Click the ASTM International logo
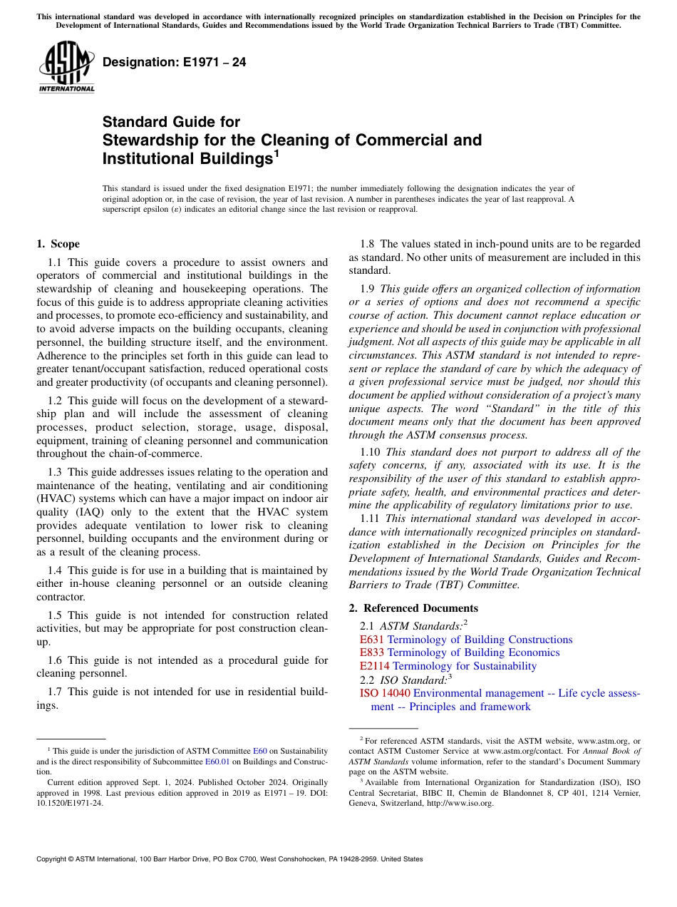[x=66, y=68]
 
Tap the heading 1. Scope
[x=58, y=244]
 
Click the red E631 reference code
[x=372, y=640]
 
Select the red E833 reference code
[x=372, y=652]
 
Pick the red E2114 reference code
[x=375, y=666]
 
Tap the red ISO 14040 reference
[x=385, y=693]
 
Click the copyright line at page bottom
[x=229, y=859]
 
